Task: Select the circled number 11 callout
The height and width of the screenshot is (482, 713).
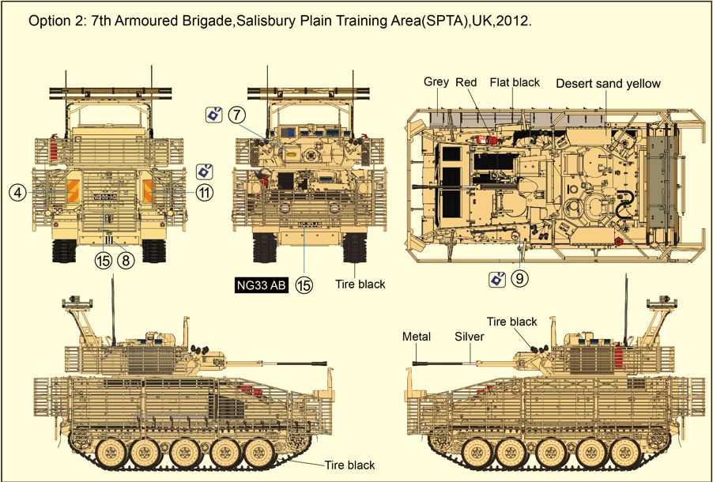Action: tap(204, 191)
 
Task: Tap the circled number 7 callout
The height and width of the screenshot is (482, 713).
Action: tap(236, 115)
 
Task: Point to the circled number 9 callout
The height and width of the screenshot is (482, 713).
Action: tap(519, 278)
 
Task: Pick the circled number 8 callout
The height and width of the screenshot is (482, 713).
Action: tap(126, 259)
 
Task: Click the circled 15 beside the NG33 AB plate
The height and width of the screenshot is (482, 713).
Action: tap(304, 286)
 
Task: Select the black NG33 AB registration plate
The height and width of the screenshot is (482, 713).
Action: tap(262, 286)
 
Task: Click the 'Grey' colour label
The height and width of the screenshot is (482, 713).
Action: tap(436, 82)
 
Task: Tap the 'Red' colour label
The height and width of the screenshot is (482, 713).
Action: tap(466, 82)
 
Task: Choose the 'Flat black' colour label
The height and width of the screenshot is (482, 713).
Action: tap(514, 82)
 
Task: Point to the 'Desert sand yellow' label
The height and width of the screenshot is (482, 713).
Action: tap(608, 83)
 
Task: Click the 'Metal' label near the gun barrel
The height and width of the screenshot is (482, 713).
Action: tap(417, 337)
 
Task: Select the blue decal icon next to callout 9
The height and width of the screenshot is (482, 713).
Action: tap(497, 279)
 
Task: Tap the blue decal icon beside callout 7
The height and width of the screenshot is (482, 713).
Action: tap(213, 115)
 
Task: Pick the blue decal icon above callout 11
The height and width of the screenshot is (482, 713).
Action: tap(204, 171)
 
